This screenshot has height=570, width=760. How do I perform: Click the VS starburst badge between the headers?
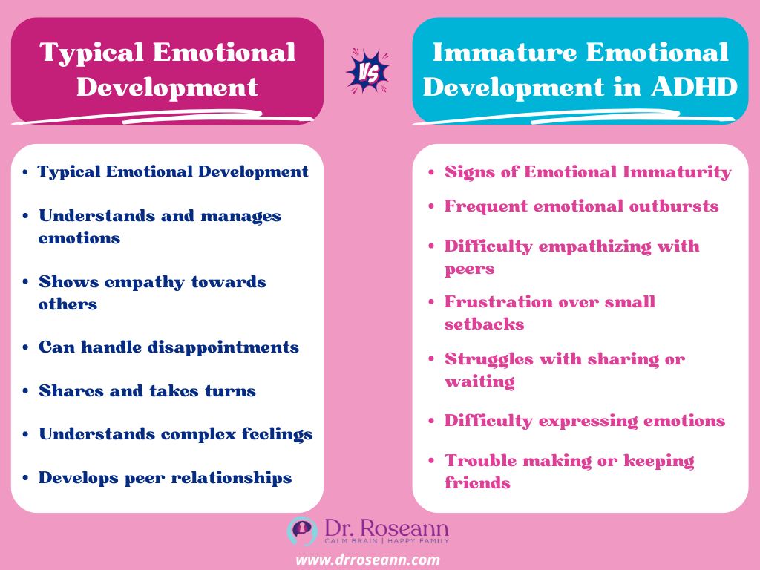(x=368, y=71)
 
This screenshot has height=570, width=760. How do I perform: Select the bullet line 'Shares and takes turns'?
(x=147, y=390)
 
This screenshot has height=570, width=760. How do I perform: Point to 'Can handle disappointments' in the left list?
(x=168, y=347)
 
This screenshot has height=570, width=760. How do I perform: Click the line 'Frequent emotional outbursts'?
(x=581, y=206)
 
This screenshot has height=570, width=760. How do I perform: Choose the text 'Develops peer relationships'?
(x=165, y=477)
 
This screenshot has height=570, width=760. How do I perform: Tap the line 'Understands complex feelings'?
(x=175, y=433)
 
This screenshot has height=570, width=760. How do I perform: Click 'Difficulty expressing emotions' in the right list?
(x=584, y=420)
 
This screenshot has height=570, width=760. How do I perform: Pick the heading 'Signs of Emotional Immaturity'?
(x=588, y=171)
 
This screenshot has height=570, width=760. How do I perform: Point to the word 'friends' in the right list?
(x=477, y=482)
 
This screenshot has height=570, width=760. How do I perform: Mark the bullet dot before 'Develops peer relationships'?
(x=26, y=478)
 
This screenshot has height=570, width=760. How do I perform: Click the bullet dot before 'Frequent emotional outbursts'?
(x=432, y=206)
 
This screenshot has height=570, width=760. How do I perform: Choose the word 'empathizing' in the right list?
(x=585, y=246)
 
